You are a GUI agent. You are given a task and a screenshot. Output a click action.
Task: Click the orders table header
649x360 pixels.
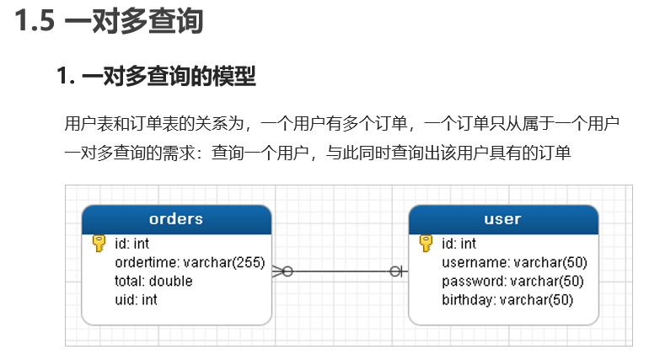tap(176, 218)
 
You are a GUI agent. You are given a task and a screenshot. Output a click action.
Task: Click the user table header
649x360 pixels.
tap(502, 218)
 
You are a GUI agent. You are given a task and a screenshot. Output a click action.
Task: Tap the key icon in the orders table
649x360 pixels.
tap(98, 244)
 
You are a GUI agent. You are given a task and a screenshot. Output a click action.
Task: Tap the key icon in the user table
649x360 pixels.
tap(425, 244)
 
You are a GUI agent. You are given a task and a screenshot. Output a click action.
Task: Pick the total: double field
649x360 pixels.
tap(153, 281)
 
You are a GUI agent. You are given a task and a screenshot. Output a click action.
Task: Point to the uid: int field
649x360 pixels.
tap(136, 299)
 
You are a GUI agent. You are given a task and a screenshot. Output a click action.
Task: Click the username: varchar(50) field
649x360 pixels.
tap(514, 262)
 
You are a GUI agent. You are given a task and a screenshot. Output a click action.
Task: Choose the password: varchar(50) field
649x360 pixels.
tap(513, 281)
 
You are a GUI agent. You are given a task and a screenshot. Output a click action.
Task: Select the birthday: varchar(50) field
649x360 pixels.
tap(507, 299)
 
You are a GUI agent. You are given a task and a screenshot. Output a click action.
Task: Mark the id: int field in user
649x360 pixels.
tap(459, 244)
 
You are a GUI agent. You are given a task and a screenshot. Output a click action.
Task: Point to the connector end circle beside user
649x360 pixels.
tap(394, 271)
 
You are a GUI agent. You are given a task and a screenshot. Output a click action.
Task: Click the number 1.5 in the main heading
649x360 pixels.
tap(35, 21)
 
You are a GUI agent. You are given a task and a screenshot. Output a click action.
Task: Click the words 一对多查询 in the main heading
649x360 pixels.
tap(133, 21)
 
